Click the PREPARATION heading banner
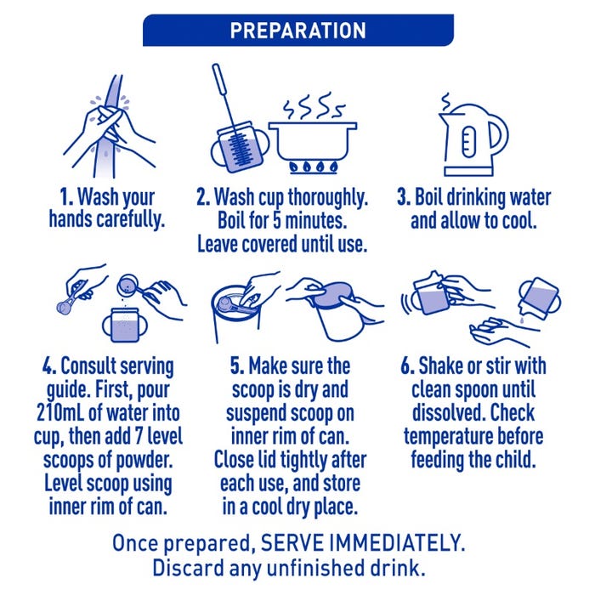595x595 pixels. [x=297, y=31]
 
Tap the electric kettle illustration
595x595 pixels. [x=473, y=139]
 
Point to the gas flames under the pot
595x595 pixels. [x=313, y=167]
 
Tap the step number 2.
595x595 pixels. [x=203, y=197]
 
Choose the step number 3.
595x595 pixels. [x=404, y=197]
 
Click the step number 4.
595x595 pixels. [x=49, y=366]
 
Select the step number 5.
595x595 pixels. [x=237, y=366]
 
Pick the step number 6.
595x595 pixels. [x=408, y=366]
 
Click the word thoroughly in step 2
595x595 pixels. [x=328, y=198]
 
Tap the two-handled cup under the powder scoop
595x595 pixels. [x=125, y=326]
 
